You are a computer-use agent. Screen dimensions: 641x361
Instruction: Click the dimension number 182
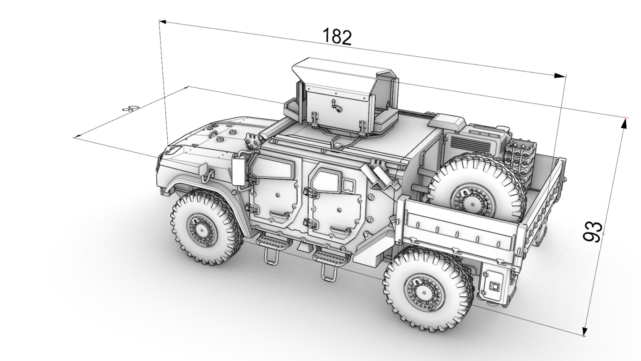click(337, 37)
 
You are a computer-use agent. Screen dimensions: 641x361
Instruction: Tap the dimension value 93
click(593, 232)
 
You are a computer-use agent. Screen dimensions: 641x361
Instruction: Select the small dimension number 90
click(130, 109)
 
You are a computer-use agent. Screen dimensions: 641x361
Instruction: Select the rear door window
click(328, 180)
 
